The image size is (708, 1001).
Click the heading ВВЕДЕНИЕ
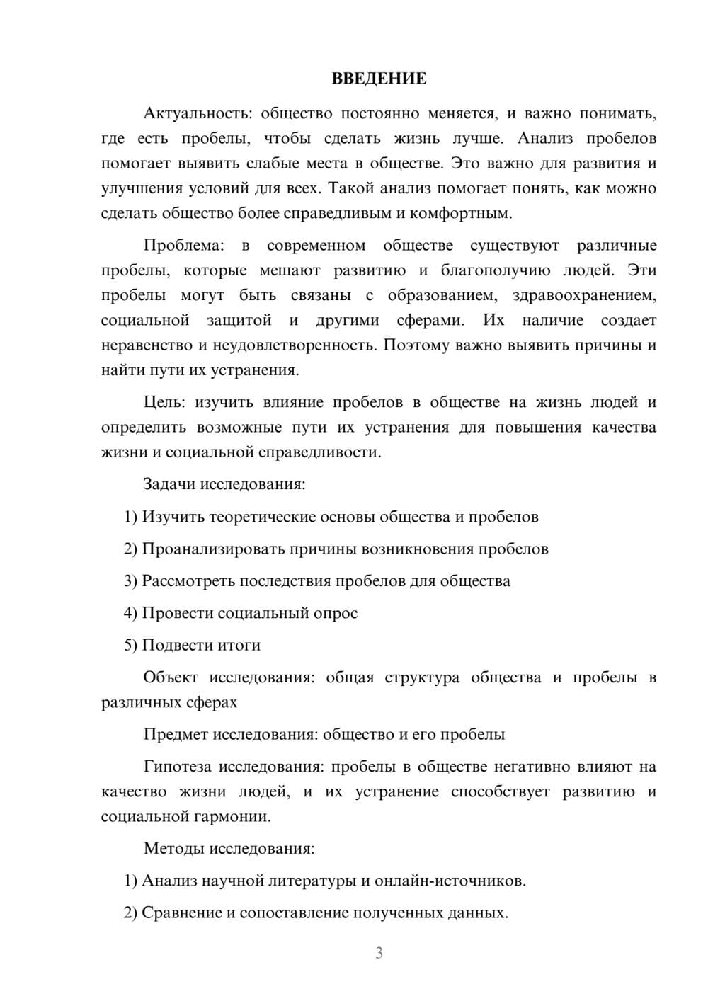point(379,79)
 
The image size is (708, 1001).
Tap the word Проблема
point(183,246)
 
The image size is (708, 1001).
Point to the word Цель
point(164,403)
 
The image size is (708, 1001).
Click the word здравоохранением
point(584,295)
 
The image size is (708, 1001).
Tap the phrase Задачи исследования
point(224,485)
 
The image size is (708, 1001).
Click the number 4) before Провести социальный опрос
point(130,613)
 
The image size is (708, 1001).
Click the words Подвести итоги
point(201,645)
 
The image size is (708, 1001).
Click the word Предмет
point(176,734)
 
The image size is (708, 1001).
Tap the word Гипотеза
point(178,767)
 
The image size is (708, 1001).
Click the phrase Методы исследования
point(229,848)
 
